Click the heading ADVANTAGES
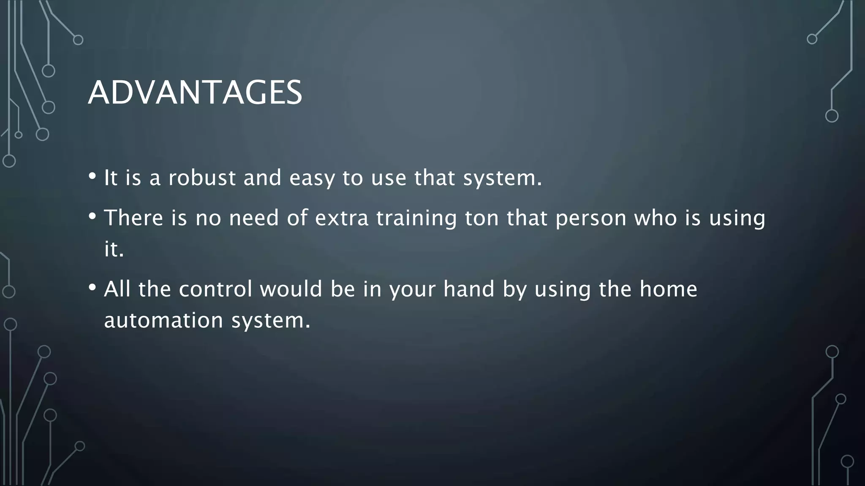pos(195,92)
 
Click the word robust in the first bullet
pos(202,178)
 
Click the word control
pos(215,289)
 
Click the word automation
pos(163,320)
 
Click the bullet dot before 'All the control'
pos(92,287)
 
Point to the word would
pos(291,289)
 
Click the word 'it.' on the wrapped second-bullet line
pos(114,249)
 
